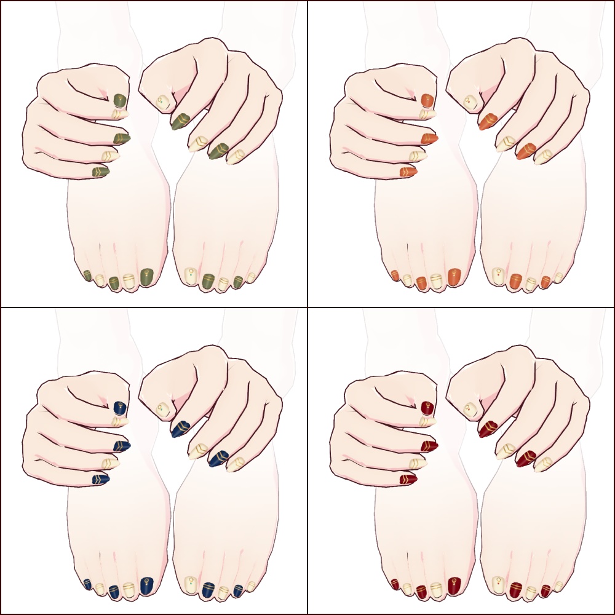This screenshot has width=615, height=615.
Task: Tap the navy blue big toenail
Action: (x=146, y=584)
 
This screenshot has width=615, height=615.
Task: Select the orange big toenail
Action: (x=454, y=277)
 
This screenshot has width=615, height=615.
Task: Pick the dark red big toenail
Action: (x=454, y=584)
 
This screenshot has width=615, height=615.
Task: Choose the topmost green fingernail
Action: (x=120, y=100)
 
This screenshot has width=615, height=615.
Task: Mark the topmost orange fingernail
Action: (x=427, y=100)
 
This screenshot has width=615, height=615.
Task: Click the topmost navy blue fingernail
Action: (x=120, y=408)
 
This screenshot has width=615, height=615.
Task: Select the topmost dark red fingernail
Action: (x=427, y=408)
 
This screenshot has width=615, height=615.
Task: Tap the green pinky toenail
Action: (x=87, y=275)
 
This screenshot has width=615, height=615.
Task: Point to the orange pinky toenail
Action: (x=395, y=275)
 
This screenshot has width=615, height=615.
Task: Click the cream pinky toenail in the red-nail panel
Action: (x=558, y=585)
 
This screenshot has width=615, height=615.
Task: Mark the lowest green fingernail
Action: (x=100, y=172)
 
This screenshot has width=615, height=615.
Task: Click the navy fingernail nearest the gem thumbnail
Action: (x=180, y=428)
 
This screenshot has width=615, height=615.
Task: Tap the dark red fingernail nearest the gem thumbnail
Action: (x=488, y=428)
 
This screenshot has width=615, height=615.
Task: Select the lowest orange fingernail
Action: (x=408, y=172)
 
